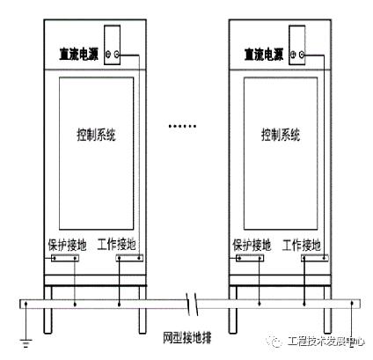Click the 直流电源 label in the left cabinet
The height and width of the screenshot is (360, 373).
click(79, 55)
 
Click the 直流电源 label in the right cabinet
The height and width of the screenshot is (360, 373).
click(264, 55)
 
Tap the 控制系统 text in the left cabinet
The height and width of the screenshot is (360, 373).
click(96, 135)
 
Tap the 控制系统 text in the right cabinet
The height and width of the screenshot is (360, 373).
click(281, 135)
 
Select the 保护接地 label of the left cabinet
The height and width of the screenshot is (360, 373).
click(67, 245)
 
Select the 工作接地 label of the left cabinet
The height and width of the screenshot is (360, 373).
click(116, 244)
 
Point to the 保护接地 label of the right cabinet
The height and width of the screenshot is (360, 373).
click(252, 245)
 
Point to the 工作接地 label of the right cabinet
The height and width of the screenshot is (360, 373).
click(302, 245)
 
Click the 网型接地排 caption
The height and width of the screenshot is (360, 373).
click(187, 338)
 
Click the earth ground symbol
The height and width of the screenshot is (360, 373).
click(26, 342)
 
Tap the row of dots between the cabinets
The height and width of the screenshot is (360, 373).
click(182, 126)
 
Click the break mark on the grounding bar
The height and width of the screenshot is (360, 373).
click(192, 305)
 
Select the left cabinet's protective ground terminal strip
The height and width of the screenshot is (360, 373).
click(65, 258)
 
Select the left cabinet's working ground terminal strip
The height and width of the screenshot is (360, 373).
click(129, 258)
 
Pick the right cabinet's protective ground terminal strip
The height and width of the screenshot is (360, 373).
click(250, 258)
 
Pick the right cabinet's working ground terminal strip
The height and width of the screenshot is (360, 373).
click(314, 258)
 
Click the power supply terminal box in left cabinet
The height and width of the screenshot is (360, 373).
click(113, 45)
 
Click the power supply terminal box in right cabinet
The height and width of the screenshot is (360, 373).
click(297, 45)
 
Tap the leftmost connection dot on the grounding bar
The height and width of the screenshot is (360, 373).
click(26, 304)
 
